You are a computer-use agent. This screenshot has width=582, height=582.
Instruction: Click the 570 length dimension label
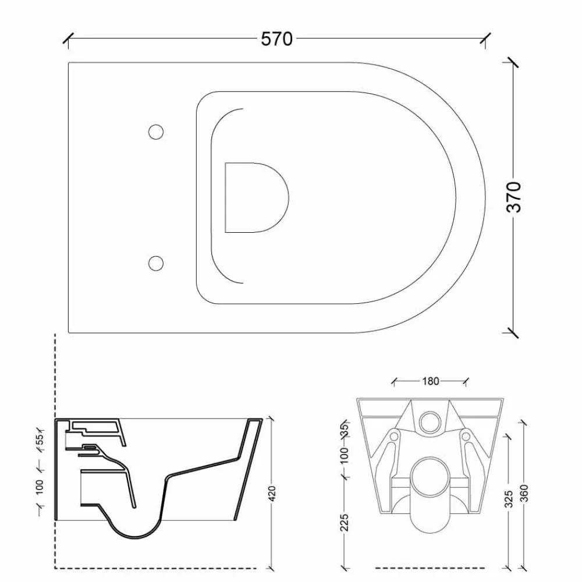coord(276,38)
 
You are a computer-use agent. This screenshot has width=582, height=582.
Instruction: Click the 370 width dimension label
coord(514,197)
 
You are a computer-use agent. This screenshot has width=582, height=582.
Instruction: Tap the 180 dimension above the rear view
coord(431,381)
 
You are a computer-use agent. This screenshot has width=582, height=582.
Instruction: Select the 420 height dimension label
coord(272,494)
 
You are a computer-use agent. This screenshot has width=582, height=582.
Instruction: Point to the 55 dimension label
coord(40,439)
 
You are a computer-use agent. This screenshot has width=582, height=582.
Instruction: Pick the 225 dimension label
coord(345,523)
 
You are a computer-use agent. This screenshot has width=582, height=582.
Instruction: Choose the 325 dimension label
coord(509,499)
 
